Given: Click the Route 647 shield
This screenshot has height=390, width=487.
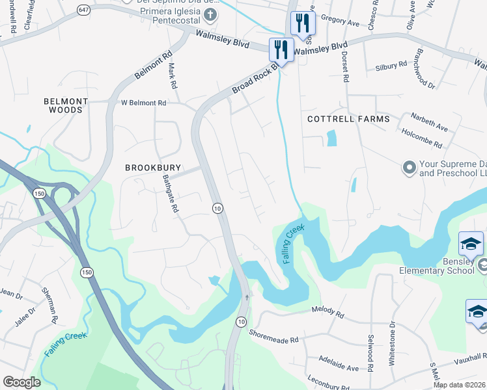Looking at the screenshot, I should pyautogui.click(x=84, y=10).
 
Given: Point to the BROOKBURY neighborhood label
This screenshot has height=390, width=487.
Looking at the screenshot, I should pyautogui.click(x=153, y=168).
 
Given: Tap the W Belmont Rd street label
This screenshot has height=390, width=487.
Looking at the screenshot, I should pyautogui.click(x=144, y=103).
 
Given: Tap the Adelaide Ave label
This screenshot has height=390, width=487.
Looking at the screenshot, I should pyautogui.click(x=339, y=364).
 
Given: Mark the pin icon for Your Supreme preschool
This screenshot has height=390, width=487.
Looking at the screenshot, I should pyautogui.click(x=410, y=168).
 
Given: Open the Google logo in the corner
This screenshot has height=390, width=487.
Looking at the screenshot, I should pyautogui.click(x=21, y=382).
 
